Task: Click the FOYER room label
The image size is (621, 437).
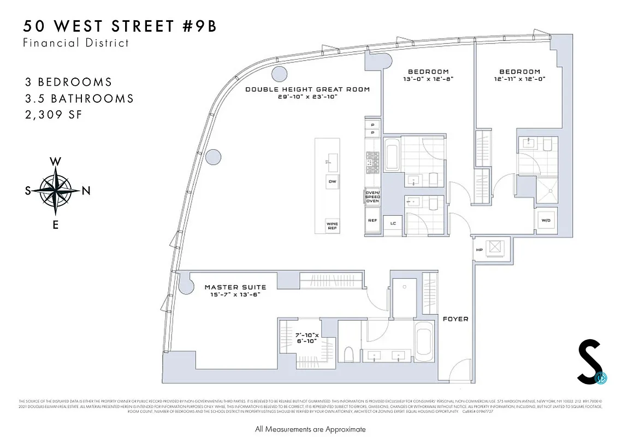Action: click(x=455, y=319)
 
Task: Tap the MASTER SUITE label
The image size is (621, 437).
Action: click(x=235, y=287)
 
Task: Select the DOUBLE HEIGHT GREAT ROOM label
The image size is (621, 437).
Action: click(x=307, y=90)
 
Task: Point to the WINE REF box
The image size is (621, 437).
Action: click(x=332, y=225)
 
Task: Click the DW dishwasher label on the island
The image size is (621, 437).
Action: click(x=332, y=181)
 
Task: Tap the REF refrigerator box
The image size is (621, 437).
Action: click(x=372, y=221)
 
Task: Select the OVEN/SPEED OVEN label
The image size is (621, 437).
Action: click(x=372, y=197)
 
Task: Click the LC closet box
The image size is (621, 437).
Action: click(x=393, y=223)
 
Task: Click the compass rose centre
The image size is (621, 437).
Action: click(x=55, y=191)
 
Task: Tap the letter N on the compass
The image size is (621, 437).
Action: click(x=85, y=191)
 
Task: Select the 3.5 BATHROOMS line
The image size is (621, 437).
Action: click(x=79, y=99)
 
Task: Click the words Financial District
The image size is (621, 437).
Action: click(x=76, y=43)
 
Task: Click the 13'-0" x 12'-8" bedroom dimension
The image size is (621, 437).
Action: click(x=429, y=79)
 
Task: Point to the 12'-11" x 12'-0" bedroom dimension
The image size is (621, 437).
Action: click(x=520, y=79)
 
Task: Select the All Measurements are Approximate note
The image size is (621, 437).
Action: click(x=310, y=429)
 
